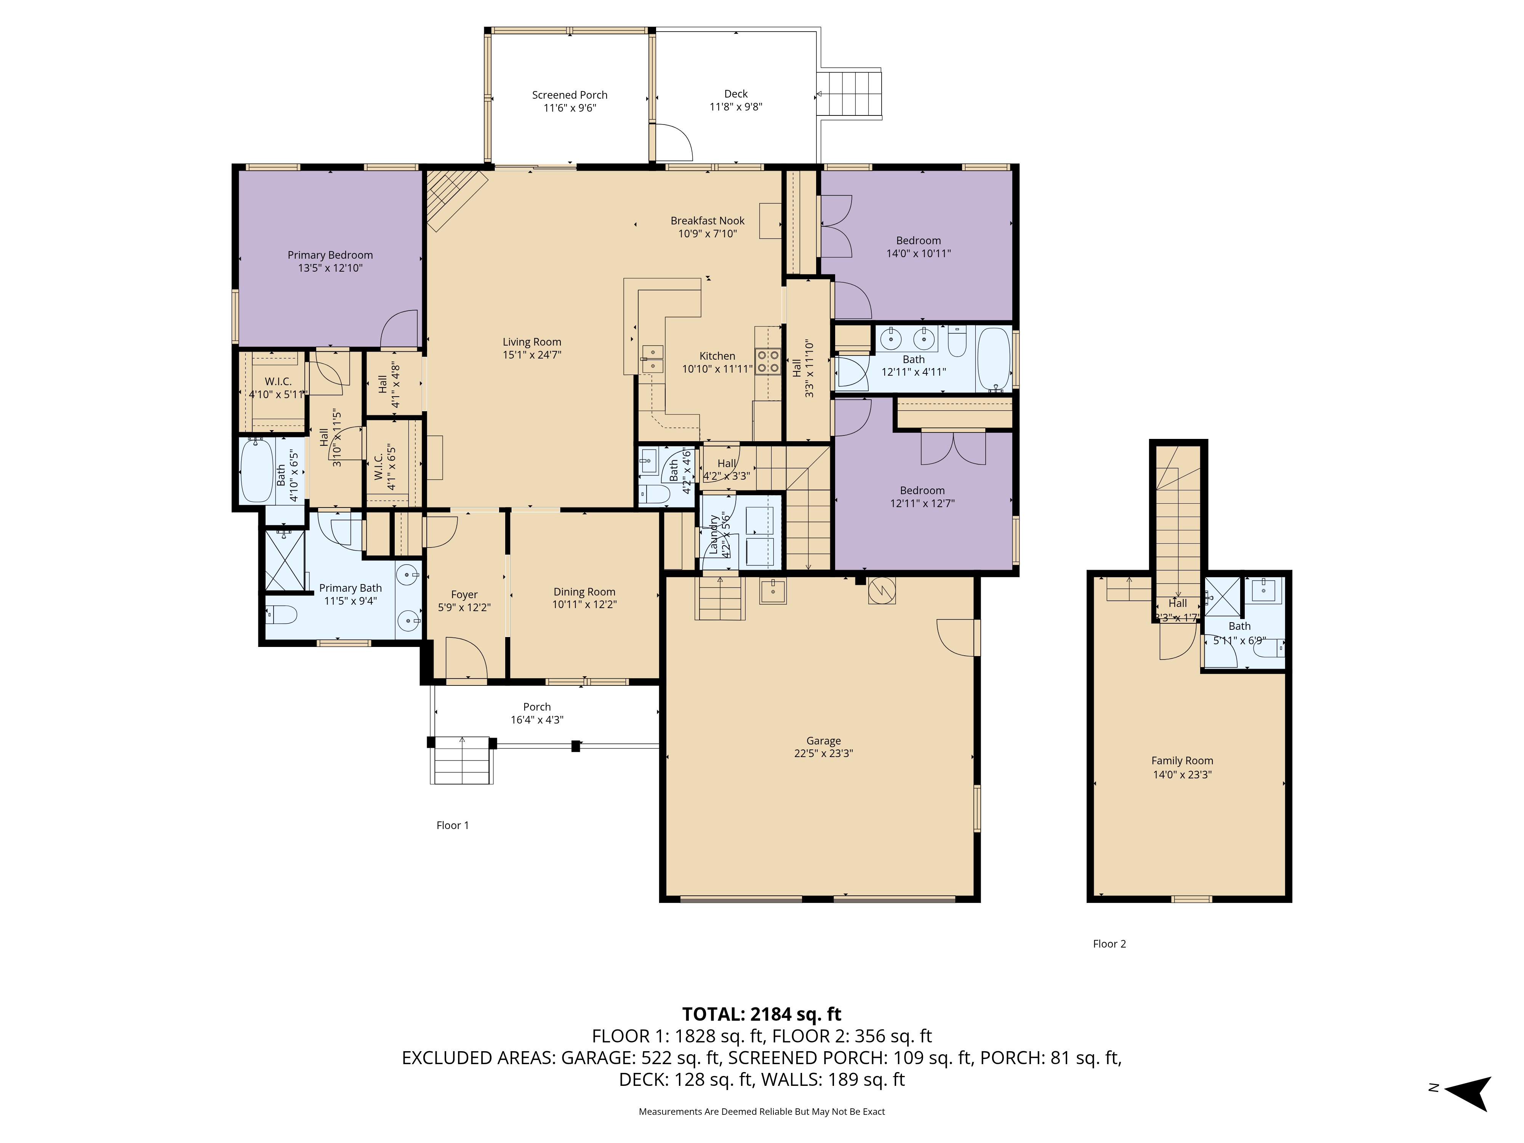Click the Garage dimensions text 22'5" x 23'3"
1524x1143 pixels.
tap(823, 754)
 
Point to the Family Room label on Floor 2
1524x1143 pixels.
tap(1182, 760)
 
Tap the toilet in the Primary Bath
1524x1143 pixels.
tap(281, 613)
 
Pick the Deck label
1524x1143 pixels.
tap(736, 94)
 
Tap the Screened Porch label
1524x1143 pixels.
tap(569, 95)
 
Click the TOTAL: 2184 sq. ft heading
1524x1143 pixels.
tap(761, 1014)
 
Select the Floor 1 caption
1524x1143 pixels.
tap(453, 825)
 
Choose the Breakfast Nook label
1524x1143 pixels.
tap(708, 221)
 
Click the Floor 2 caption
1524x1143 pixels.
tap(1109, 944)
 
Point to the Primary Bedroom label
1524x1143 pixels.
tap(330, 255)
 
